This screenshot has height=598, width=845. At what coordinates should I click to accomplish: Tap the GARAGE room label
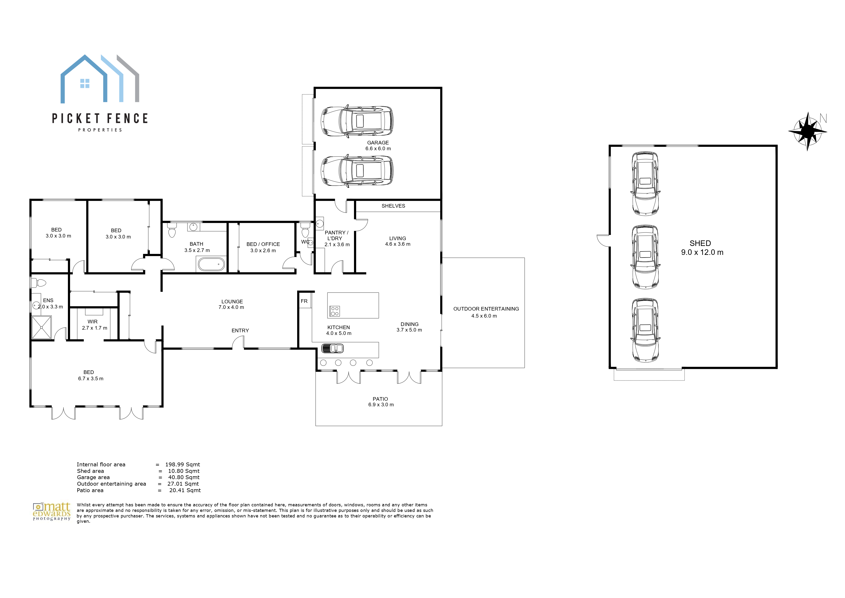point(378,143)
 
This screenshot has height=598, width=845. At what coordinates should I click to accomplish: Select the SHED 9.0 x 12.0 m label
point(702,248)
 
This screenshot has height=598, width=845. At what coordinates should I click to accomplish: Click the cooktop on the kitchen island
point(334,311)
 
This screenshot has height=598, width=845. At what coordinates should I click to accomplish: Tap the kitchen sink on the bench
point(333,348)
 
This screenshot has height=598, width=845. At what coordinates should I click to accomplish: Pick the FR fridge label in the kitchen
point(304,301)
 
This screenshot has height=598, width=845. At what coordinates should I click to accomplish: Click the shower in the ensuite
point(42,327)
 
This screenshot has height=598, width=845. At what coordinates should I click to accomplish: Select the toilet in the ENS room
point(38,283)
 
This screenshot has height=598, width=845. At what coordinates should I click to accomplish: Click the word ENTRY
point(240,331)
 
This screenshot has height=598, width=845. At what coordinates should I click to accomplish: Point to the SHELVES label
point(393,206)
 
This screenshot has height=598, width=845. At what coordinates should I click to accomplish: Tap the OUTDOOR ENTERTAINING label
point(486,309)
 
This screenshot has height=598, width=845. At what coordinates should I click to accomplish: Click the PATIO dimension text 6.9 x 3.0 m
point(381,405)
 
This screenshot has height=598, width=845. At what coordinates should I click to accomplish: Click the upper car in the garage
point(357,121)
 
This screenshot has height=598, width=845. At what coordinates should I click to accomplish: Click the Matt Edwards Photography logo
point(52,511)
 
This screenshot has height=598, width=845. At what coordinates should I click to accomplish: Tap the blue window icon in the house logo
point(85,84)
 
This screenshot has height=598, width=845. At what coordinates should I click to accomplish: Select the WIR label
point(92,322)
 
